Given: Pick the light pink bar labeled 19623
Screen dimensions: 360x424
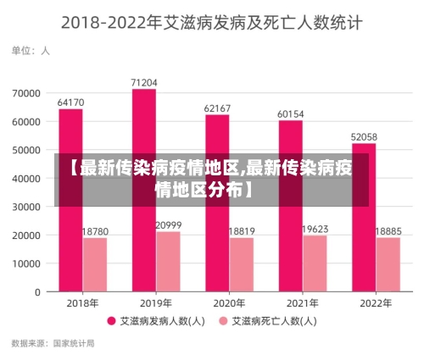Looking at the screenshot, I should pos(315,263).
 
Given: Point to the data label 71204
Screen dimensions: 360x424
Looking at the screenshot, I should pos(144,82).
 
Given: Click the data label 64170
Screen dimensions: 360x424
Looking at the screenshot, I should pos(70,102).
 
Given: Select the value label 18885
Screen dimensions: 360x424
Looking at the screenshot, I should pos(388,230).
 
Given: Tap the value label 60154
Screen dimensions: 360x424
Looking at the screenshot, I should pos(291,114).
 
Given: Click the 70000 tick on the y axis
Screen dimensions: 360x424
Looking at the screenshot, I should pos(26,93).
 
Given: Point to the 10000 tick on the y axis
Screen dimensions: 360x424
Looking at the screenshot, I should pos(26,263).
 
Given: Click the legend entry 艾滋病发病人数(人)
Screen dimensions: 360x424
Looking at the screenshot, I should pos(159,321).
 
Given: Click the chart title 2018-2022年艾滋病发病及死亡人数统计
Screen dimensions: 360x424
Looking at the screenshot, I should pos(211,23).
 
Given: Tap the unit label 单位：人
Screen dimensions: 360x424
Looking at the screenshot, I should pos(31,51).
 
